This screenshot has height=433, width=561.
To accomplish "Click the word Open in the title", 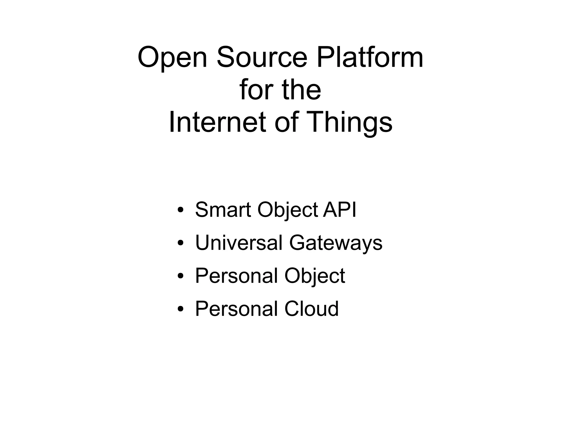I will point(172,58).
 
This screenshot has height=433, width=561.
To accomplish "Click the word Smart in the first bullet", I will point(223,210).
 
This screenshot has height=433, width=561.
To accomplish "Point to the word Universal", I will point(239,243).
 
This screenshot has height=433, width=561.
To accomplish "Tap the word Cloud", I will point(311,308).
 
